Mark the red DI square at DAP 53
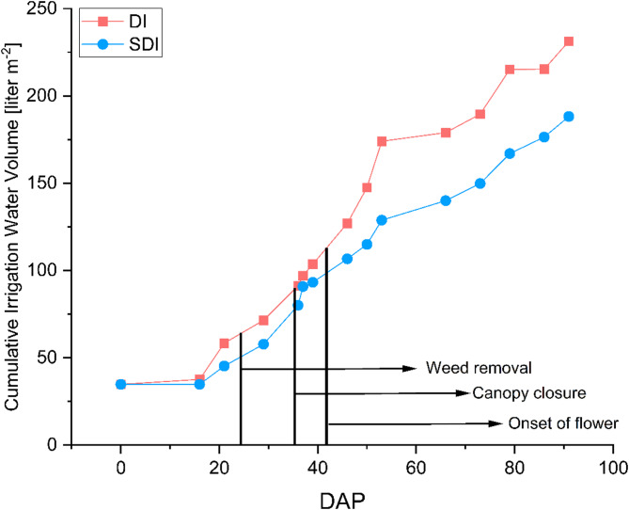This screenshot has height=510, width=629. [382, 141]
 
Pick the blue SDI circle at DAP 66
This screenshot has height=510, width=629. [446, 200]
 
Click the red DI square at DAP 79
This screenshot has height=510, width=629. [510, 70]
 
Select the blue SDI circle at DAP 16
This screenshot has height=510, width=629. [199, 384]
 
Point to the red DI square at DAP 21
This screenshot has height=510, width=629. [224, 343]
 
